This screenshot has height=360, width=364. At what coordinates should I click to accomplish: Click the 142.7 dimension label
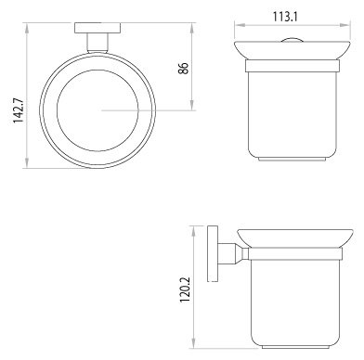pyautogui.click(x=19, y=110)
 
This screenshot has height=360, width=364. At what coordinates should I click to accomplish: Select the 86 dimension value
pyautogui.click(x=183, y=68)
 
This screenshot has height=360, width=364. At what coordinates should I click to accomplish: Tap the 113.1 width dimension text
pyautogui.click(x=285, y=17)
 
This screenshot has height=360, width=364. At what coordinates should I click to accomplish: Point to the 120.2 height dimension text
pyautogui.click(x=186, y=289)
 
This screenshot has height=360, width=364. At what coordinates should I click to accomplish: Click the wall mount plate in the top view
pyautogui.click(x=97, y=28)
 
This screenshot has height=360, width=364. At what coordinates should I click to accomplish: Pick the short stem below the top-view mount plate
pyautogui.click(x=97, y=43)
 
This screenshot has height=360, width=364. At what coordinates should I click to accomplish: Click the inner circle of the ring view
pyautogui.click(x=97, y=110)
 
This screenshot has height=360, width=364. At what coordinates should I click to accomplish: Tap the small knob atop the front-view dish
pyautogui.click(x=292, y=39)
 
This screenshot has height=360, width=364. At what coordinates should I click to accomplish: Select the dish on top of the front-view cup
pyautogui.click(x=292, y=50)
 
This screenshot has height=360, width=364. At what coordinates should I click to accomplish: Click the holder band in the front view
pyautogui.click(x=292, y=66)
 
